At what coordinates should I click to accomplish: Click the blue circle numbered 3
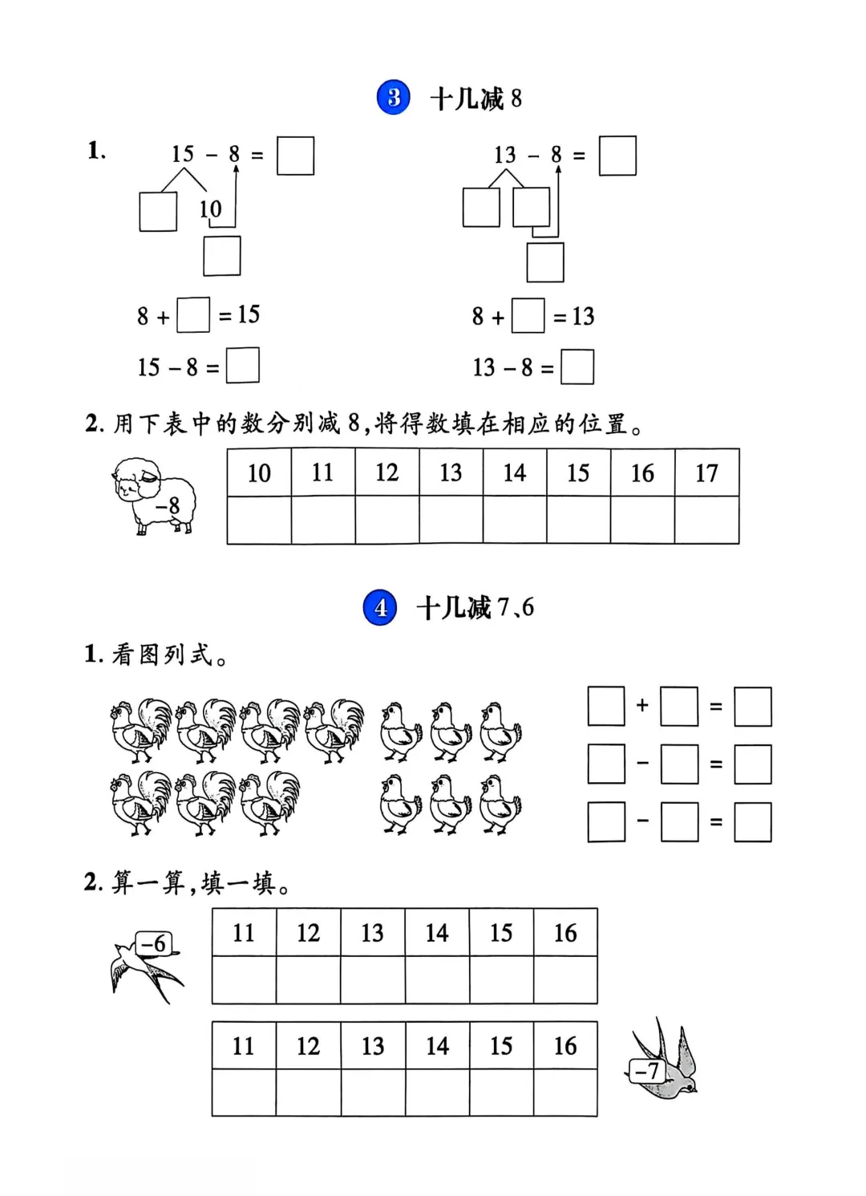tap(394, 98)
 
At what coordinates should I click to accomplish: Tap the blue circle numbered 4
tap(380, 607)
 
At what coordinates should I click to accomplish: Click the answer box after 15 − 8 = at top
tap(295, 156)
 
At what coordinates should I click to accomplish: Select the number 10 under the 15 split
tap(210, 209)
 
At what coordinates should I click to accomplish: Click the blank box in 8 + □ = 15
tap(193, 315)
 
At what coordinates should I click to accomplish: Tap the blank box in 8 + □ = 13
tap(528, 316)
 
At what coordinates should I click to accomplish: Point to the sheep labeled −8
tap(154, 495)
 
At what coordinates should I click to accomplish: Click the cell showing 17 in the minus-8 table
tap(706, 473)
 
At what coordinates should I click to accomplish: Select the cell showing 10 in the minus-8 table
tap(259, 473)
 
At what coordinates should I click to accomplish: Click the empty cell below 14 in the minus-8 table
tap(515, 520)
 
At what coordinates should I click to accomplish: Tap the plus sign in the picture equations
tap(642, 706)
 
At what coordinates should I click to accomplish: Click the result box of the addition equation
tap(752, 707)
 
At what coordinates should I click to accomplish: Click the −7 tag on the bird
tap(646, 1071)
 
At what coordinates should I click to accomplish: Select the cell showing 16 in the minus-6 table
tap(565, 933)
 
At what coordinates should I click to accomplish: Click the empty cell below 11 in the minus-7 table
tap(244, 1093)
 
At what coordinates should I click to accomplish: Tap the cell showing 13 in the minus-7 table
tap(373, 1046)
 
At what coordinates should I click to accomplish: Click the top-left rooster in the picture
tap(141, 729)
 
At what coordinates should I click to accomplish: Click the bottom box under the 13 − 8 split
tap(545, 262)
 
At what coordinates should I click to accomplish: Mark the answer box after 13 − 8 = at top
tap(617, 156)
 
